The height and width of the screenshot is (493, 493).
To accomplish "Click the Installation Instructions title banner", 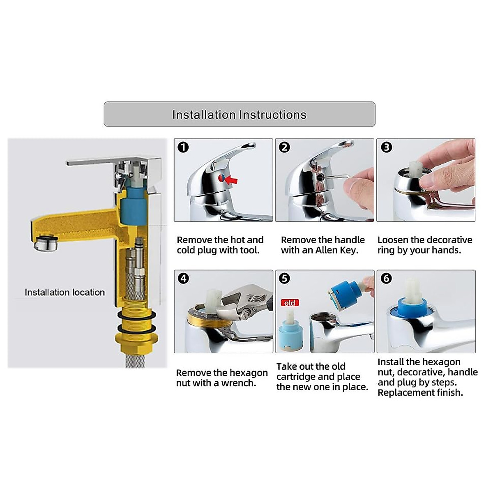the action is [x=240, y=114].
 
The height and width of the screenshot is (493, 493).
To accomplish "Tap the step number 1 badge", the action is [x=183, y=147].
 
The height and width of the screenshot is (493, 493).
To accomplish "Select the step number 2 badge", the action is [x=284, y=147].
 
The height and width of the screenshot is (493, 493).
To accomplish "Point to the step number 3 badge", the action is [x=386, y=147].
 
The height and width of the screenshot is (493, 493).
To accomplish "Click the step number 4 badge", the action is [x=183, y=279].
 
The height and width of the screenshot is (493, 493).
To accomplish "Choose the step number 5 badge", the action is [x=284, y=279].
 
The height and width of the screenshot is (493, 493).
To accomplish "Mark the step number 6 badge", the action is [x=386, y=279].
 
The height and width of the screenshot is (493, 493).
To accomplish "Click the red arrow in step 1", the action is [x=231, y=180].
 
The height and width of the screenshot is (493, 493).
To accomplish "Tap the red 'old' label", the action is [x=290, y=303].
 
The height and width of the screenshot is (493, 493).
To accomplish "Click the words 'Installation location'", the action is [x=65, y=293].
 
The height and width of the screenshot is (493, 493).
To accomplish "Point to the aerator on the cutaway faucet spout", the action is [x=46, y=243].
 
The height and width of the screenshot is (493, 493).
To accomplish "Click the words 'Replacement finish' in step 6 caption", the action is [x=420, y=393].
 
